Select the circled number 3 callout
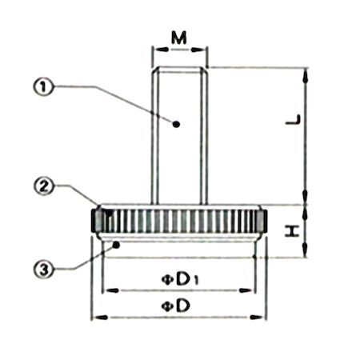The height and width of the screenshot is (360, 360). coord(46,270)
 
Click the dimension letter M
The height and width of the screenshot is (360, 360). coord(180,38)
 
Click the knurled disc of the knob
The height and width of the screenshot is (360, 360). coord(179,219)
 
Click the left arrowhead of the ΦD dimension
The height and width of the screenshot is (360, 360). coord(95,318)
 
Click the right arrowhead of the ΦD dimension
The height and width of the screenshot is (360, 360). coord(263,318)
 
